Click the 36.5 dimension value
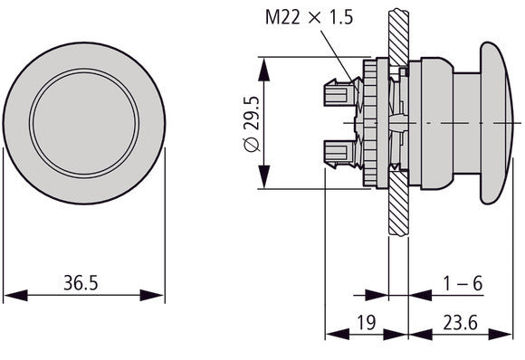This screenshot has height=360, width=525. tap(81, 283)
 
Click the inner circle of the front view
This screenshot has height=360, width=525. tap(83, 121)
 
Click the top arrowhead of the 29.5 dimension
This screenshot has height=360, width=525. tap(265, 64)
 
